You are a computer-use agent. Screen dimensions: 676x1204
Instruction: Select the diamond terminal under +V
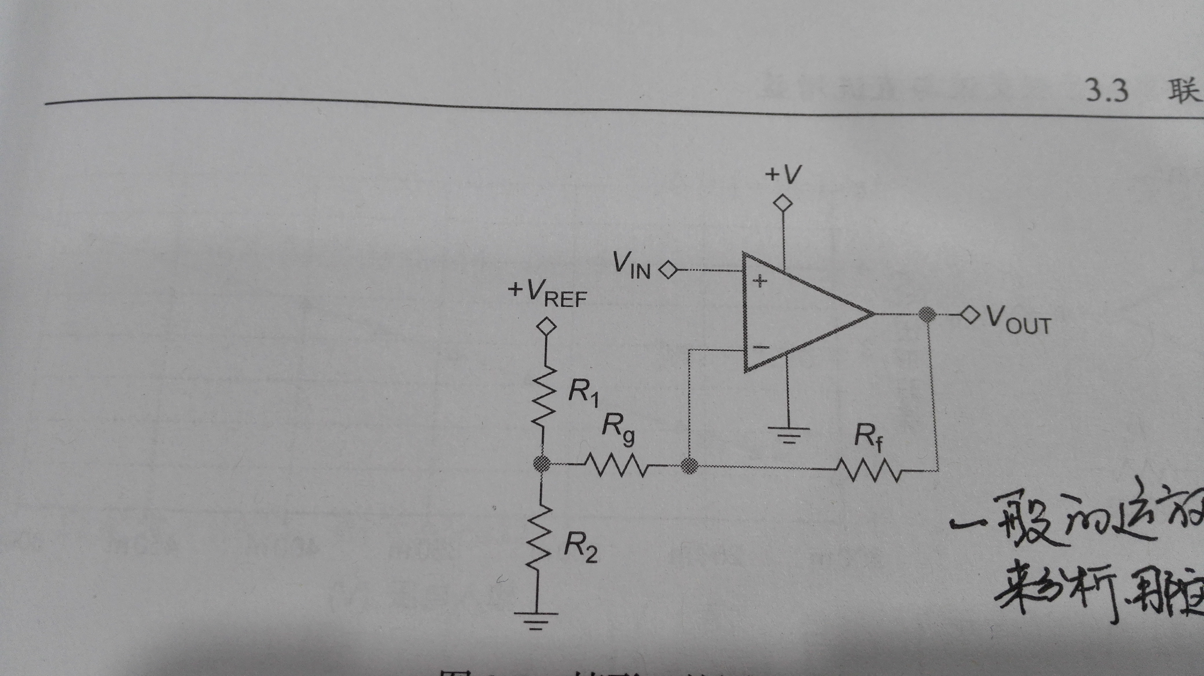tap(783, 204)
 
